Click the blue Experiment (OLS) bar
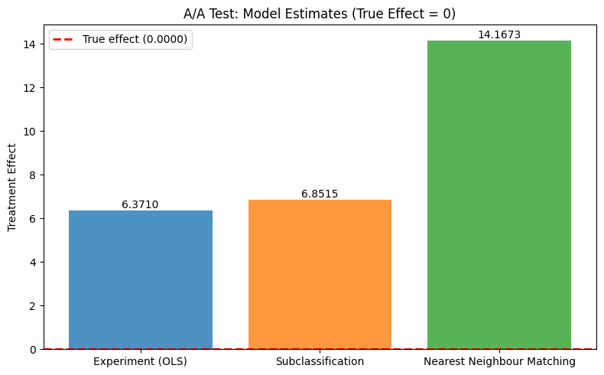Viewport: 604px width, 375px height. point(141,279)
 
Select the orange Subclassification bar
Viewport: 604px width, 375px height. point(320,274)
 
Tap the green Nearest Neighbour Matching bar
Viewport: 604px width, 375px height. point(498,195)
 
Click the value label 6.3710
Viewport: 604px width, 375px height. point(141,204)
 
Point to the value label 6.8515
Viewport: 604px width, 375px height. point(320,194)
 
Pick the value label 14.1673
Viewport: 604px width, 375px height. point(498,34)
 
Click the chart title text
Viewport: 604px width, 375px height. point(320,13)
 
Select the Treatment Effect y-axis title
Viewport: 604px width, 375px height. point(12,187)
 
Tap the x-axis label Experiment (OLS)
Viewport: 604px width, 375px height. point(141,360)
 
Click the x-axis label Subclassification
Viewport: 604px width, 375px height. point(320,360)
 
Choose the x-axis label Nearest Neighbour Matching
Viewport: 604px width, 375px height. point(498,360)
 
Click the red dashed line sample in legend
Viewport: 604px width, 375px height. point(65,40)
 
